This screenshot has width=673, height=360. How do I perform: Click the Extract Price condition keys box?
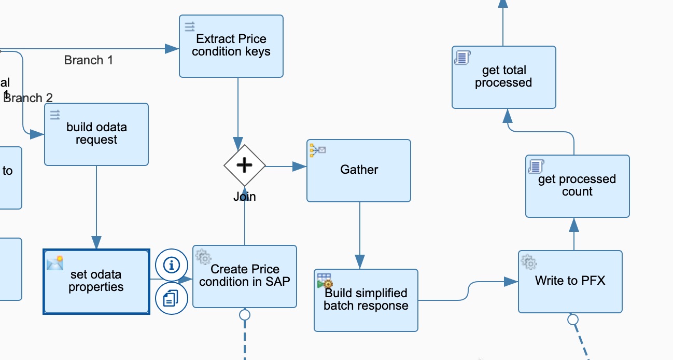click(231, 46)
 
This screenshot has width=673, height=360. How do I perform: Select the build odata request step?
click(96, 134)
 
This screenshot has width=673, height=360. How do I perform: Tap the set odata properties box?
click(96, 282)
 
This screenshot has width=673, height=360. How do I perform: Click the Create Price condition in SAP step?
click(245, 276)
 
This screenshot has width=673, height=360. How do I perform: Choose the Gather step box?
click(359, 171)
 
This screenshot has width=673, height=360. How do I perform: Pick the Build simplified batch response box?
click(366, 300)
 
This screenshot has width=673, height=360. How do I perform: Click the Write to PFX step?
click(570, 282)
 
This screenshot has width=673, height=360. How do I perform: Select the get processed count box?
click(577, 186)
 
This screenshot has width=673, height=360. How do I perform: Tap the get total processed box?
click(503, 77)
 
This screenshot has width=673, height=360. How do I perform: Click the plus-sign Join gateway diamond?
click(245, 165)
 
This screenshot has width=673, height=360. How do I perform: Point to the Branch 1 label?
click(89, 60)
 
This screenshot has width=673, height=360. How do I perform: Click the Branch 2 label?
click(29, 98)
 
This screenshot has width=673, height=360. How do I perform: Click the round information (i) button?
click(172, 265)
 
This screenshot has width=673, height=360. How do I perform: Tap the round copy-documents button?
click(172, 298)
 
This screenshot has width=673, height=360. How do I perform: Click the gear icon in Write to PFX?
click(529, 262)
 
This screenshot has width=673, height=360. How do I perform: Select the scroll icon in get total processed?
click(462, 57)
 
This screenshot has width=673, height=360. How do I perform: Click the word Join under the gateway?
click(245, 197)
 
